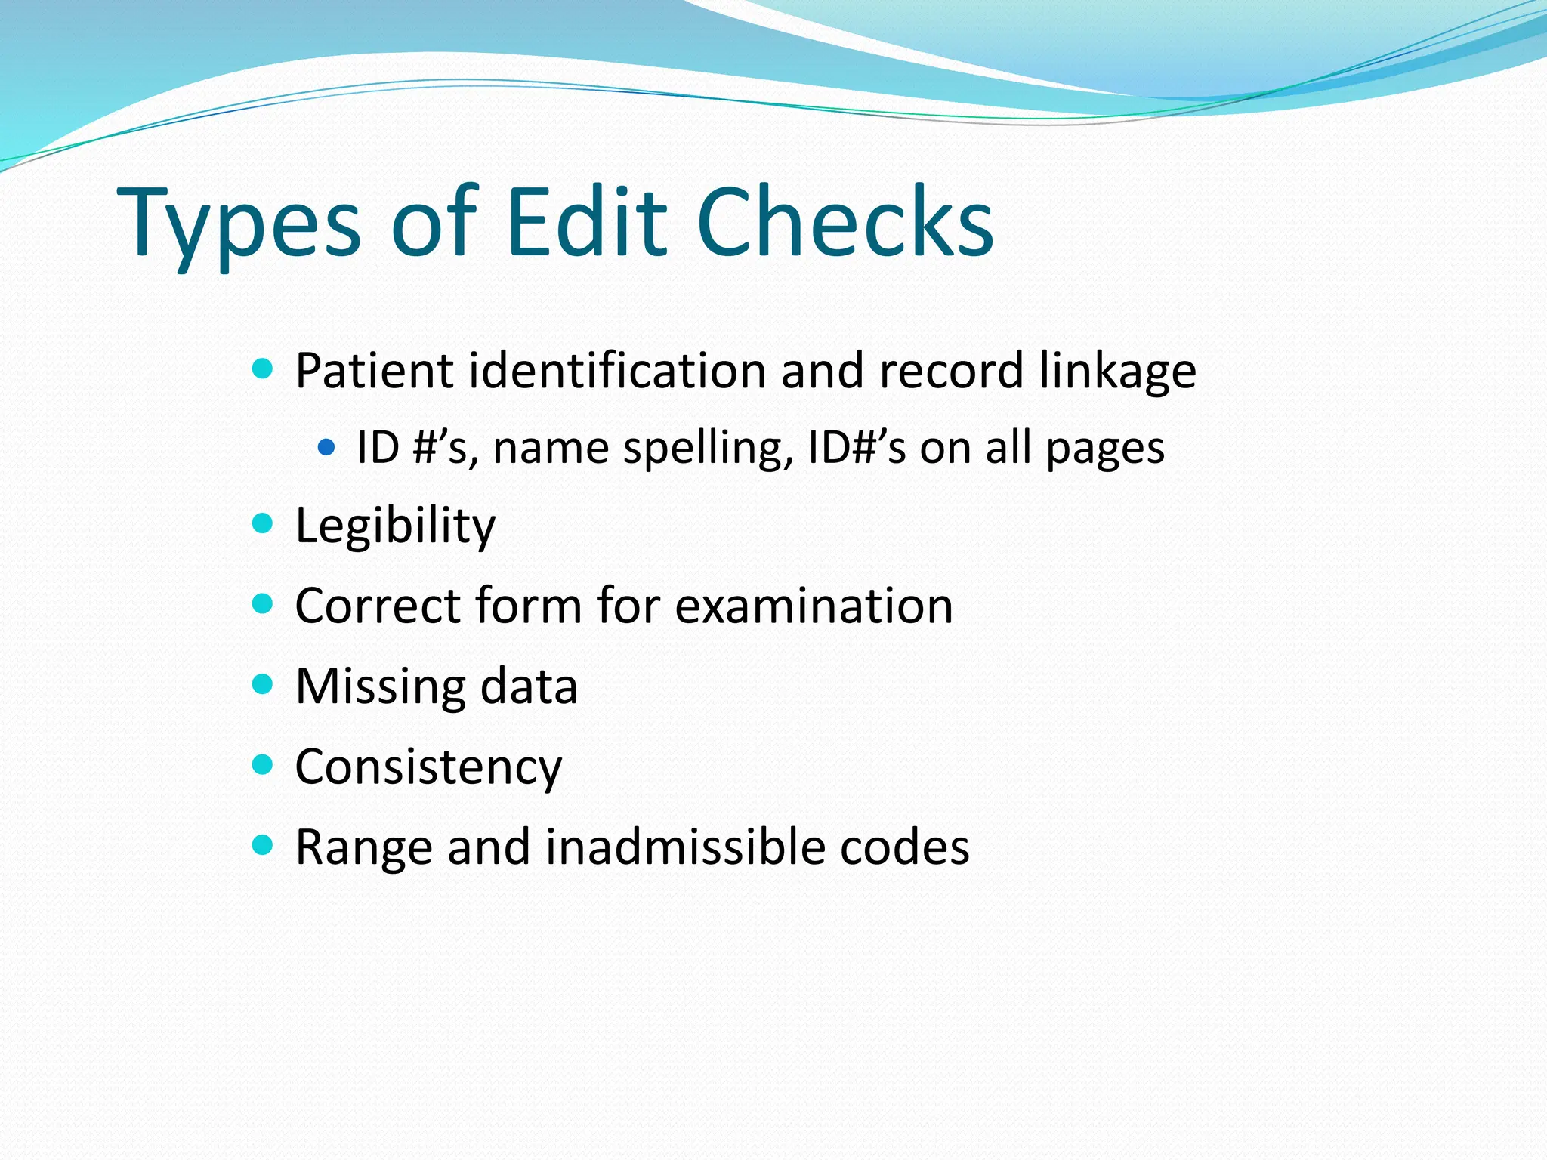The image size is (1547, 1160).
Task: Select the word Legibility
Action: click(395, 526)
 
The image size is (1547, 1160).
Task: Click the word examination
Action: click(814, 606)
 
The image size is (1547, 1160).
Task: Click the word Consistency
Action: click(428, 768)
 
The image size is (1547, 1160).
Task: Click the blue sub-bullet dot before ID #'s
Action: click(326, 447)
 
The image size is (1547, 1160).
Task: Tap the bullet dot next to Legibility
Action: click(262, 523)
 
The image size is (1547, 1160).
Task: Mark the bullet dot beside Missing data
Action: click(262, 684)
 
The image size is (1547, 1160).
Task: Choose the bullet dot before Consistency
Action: click(262, 764)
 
